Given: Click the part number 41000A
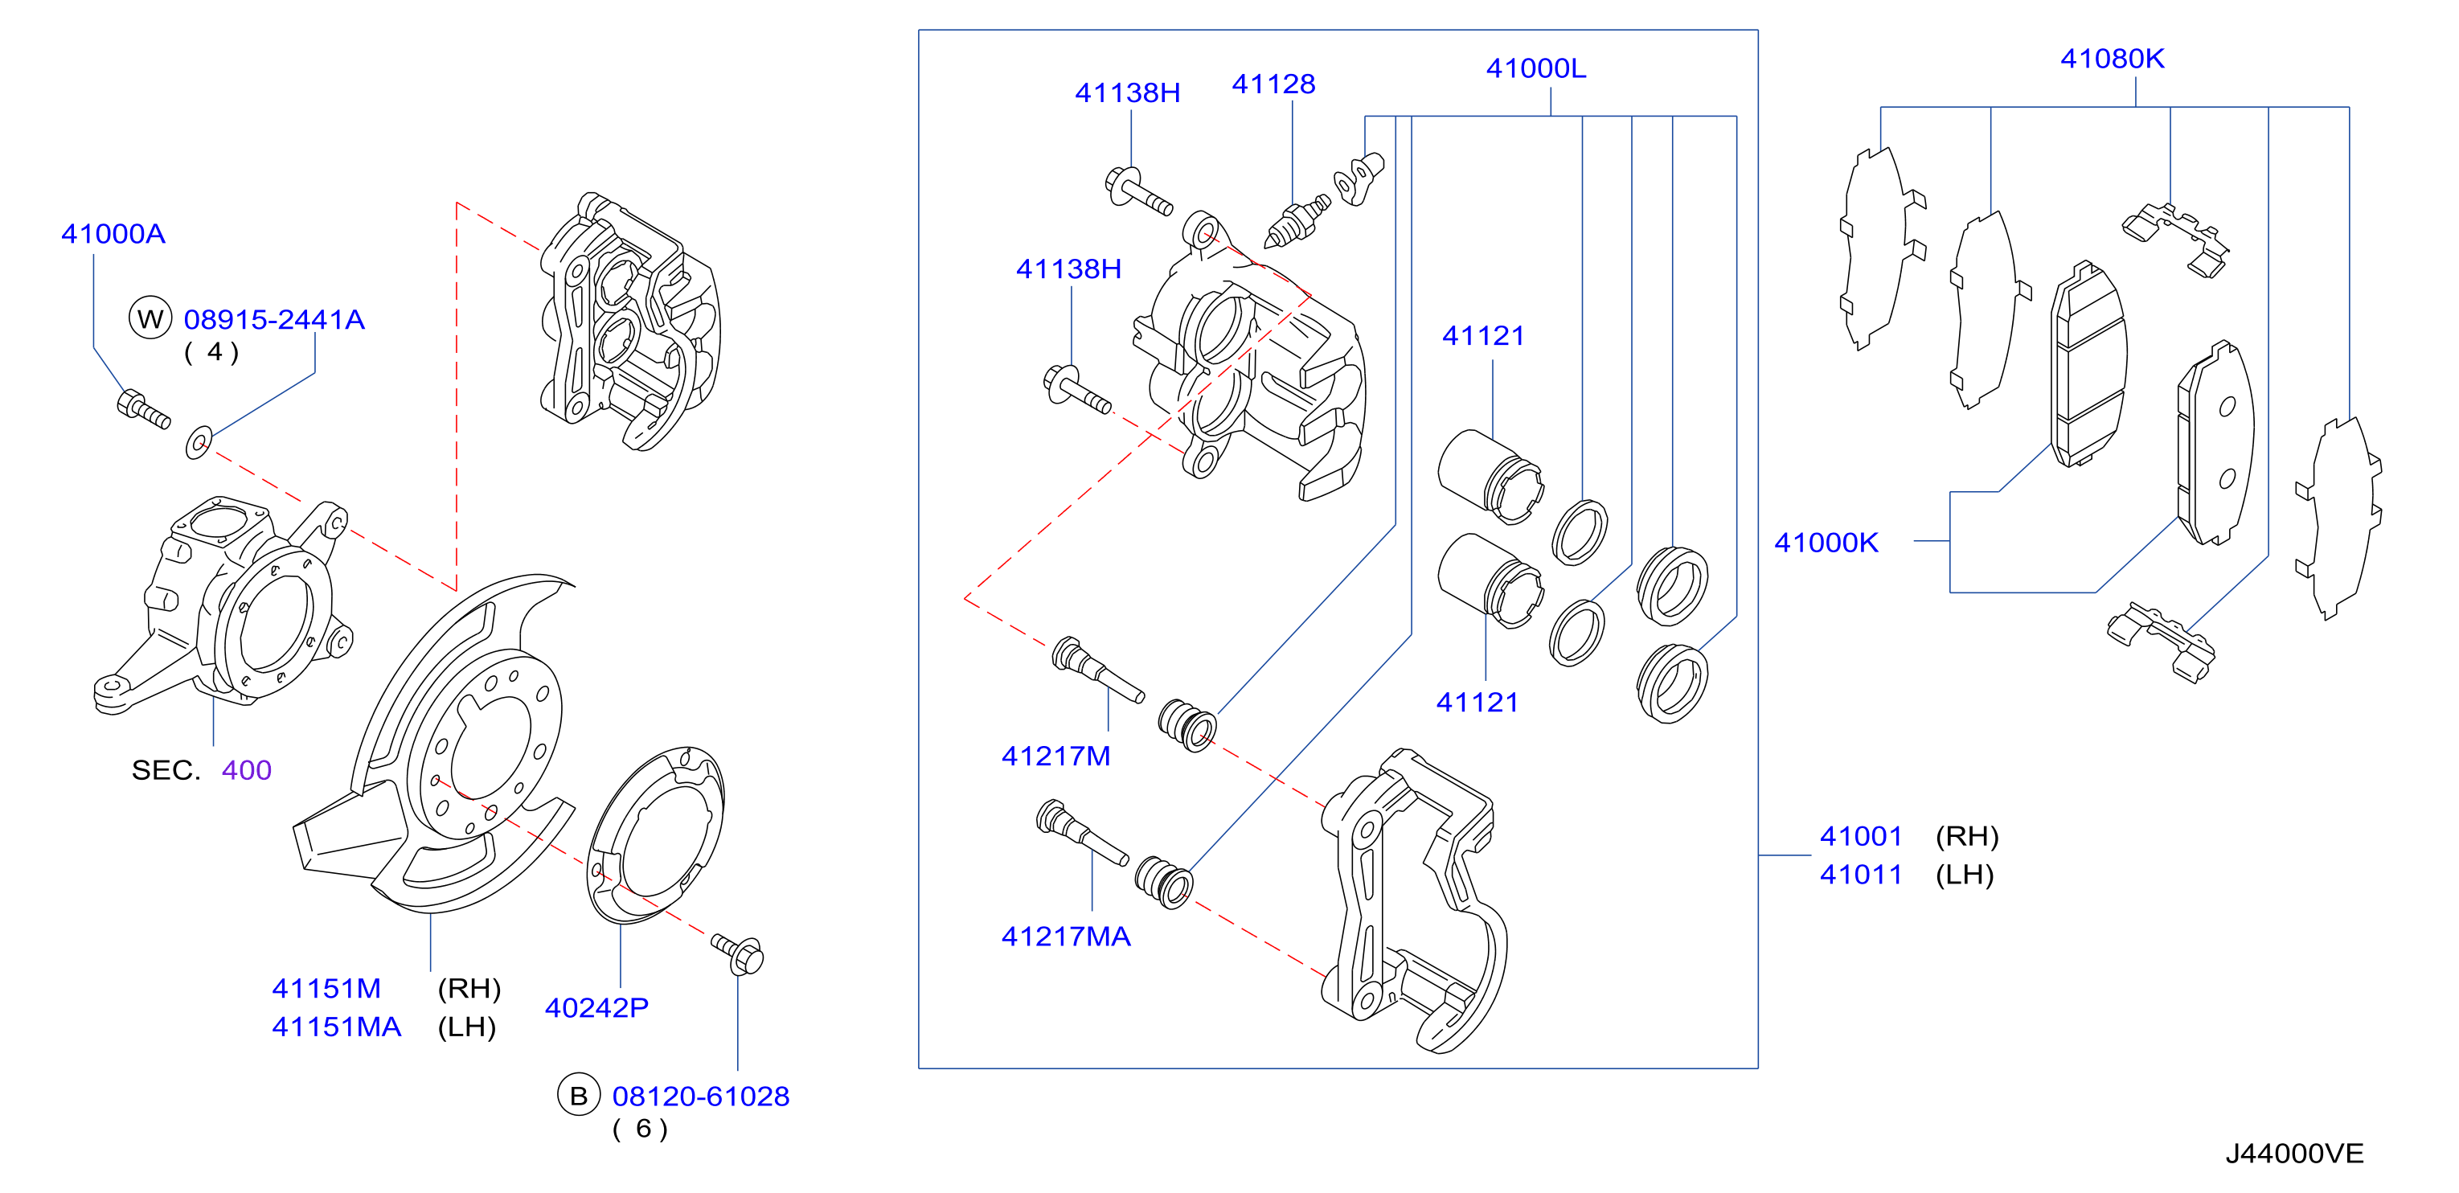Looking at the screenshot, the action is tap(113, 234).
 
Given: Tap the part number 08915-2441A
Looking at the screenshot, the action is tap(274, 320).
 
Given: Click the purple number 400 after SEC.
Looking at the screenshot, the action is tap(246, 770).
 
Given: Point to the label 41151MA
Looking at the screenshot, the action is tap(336, 1027).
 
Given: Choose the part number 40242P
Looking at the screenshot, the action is tap(596, 1008).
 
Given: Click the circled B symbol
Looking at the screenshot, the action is tap(579, 1096).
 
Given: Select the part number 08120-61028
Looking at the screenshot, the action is tap(701, 1097).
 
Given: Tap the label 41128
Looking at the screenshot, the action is tap(1273, 84).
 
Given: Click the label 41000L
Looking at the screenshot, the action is tap(1536, 68).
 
